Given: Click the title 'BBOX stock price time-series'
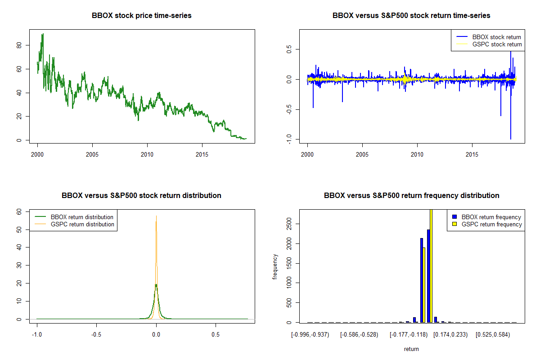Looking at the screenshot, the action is [141, 15].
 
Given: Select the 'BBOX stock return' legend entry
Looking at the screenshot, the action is [489, 37].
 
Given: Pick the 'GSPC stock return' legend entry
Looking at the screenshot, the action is [489, 44].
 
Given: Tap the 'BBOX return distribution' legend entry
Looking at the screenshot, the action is [74, 217].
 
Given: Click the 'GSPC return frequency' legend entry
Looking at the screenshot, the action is [487, 224].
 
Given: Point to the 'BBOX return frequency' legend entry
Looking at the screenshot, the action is [486, 217].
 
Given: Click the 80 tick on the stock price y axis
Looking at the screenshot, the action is [19, 45].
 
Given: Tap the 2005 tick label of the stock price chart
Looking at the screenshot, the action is [92, 154].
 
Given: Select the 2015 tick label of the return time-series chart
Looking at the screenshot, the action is [472, 154].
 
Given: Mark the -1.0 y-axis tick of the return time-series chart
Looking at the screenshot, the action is [289, 139].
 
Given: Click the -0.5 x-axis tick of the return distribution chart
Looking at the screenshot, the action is [96, 334].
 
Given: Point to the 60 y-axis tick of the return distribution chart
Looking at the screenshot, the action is [19, 211].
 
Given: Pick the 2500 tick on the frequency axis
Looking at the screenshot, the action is [289, 224].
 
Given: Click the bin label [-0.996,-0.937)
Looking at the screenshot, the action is [310, 335].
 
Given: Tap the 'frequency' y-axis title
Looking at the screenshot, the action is [274, 267].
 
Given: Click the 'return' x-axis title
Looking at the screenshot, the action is [411, 349].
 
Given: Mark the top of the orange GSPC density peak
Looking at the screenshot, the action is [156, 216].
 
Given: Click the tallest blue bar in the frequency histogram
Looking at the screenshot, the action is [428, 276].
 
